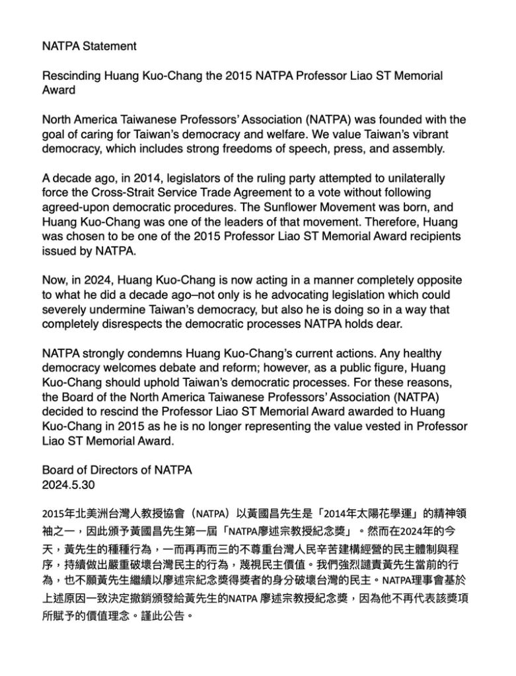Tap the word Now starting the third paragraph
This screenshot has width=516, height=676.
55,280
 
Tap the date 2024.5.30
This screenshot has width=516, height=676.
69,484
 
